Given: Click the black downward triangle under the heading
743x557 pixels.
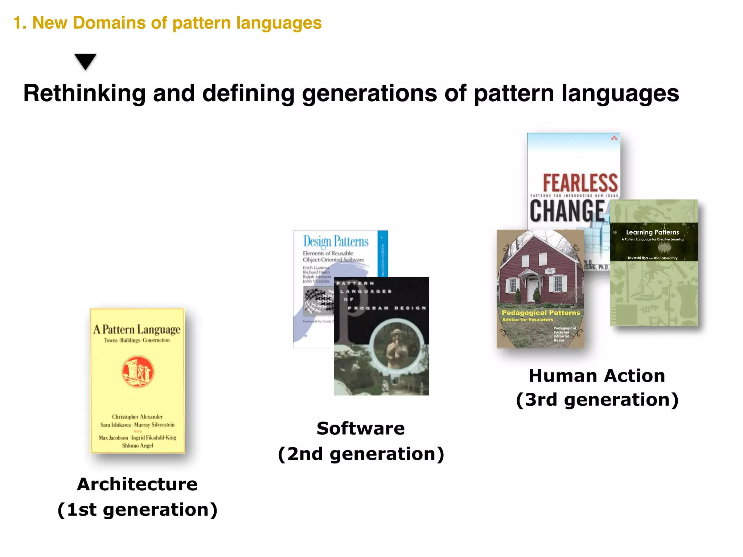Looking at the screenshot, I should click(85, 61).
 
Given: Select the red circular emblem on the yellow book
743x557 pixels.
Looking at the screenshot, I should click(137, 372).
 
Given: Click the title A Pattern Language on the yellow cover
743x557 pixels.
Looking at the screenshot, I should click(137, 329).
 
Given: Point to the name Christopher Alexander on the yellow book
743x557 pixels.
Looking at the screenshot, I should click(137, 417).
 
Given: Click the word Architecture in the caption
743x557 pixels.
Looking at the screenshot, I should click(137, 484).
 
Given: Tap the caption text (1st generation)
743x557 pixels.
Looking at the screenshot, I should click(137, 509).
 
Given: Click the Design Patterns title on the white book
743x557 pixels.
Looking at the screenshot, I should click(336, 242).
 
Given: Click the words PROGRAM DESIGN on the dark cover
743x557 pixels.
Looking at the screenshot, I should click(387, 308).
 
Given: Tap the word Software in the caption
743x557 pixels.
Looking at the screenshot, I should click(361, 428).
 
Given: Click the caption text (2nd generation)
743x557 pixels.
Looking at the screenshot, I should click(361, 454).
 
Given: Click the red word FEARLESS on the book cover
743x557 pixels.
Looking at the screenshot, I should click(580, 183).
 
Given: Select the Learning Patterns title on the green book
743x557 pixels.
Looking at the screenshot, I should click(652, 232).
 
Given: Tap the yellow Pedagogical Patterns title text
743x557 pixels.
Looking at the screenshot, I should click(541, 313).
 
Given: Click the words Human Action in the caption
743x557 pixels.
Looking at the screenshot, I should click(597, 376).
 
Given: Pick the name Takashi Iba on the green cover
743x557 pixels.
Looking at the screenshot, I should click(637, 258).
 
